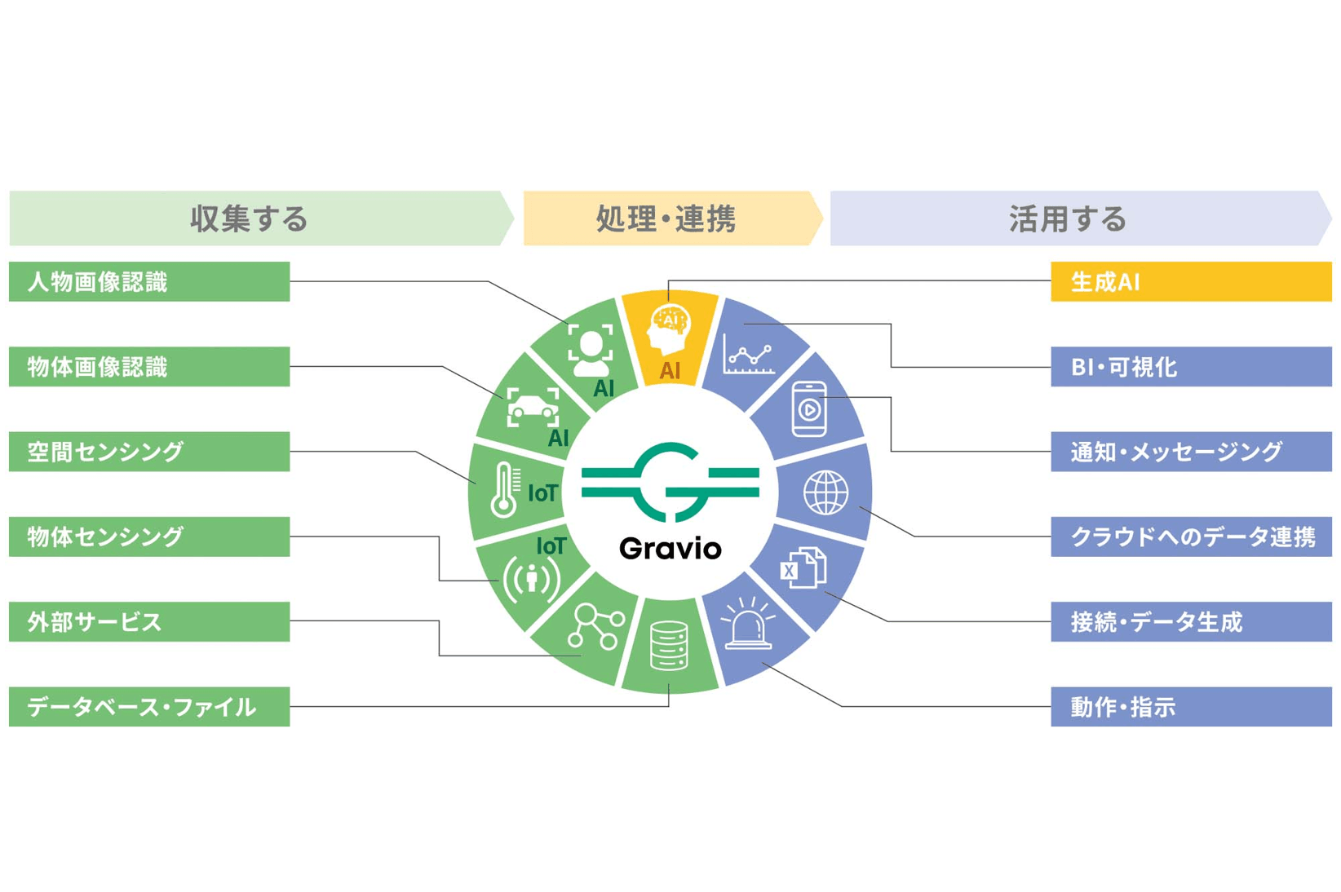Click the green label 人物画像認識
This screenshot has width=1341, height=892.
tap(149, 282)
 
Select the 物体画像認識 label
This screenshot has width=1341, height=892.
tap(149, 367)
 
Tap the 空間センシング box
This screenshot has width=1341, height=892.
tap(149, 452)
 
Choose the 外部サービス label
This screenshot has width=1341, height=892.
tap(149, 622)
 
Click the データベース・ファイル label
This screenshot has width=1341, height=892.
tap(149, 707)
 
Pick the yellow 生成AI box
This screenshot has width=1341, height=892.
tap(1190, 282)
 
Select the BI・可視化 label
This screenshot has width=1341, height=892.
tap(1190, 367)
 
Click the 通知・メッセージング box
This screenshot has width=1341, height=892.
tap(1190, 452)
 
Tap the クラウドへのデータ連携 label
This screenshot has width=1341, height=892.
tap(1190, 537)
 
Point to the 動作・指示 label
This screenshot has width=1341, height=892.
tap(1190, 707)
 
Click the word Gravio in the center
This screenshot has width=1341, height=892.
tap(670, 549)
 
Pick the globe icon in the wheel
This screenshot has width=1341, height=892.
tap(825, 492)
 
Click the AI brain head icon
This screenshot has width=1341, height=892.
tap(670, 328)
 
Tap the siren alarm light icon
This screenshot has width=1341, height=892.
tap(748, 625)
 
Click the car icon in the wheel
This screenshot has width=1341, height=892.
tap(533, 407)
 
